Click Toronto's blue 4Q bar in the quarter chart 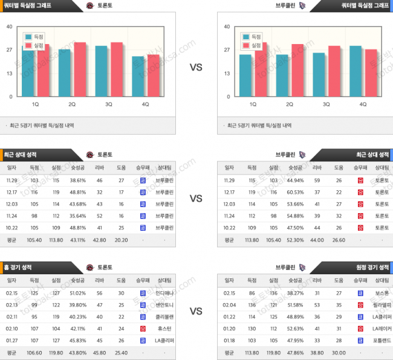coord(138,77)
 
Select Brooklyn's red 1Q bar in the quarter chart coord(261,69)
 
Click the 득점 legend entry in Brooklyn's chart coord(255,37)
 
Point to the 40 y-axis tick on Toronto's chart coord(9,27)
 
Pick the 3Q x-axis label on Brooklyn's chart coord(326,104)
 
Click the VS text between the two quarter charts coord(196,68)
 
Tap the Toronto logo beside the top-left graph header coord(90,5)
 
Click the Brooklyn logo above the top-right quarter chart coord(302,5)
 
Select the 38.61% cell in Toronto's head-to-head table coord(77,180)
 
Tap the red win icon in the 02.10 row coord(142,329)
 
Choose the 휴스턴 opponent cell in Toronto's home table coord(164,329)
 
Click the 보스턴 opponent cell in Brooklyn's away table coord(381,293)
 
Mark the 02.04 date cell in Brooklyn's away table coord(230,305)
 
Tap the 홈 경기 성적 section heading coord(20,266)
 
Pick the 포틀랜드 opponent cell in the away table coord(381,340)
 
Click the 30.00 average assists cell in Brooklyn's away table coord(339,352)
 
